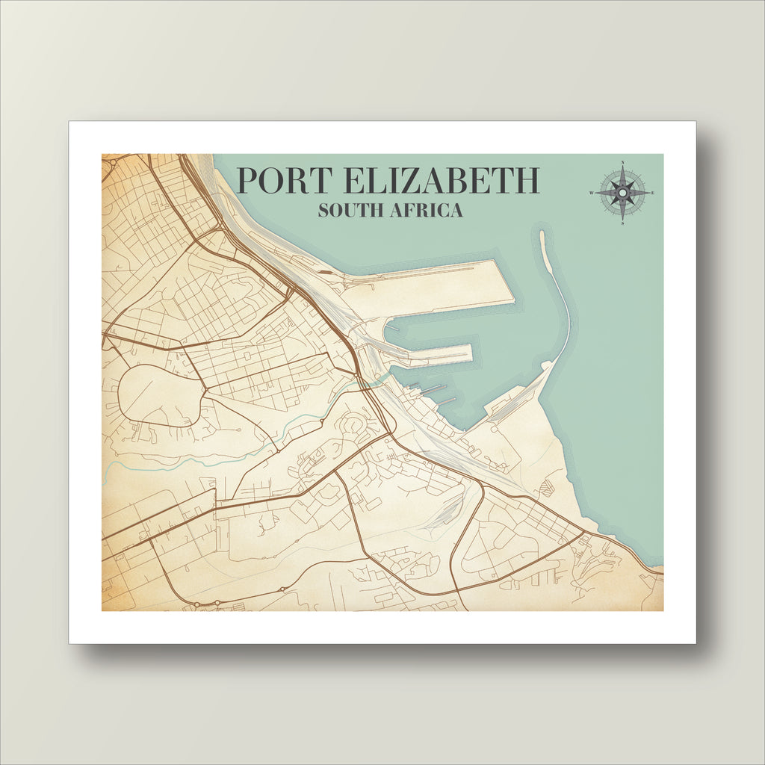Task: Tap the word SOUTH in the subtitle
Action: click(x=350, y=211)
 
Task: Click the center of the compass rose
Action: click(x=622, y=193)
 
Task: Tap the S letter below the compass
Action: click(x=622, y=223)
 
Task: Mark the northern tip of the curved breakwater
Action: click(x=542, y=234)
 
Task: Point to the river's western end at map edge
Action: click(x=105, y=468)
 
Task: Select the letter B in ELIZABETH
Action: click(x=475, y=181)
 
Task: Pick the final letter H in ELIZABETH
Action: click(x=527, y=181)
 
